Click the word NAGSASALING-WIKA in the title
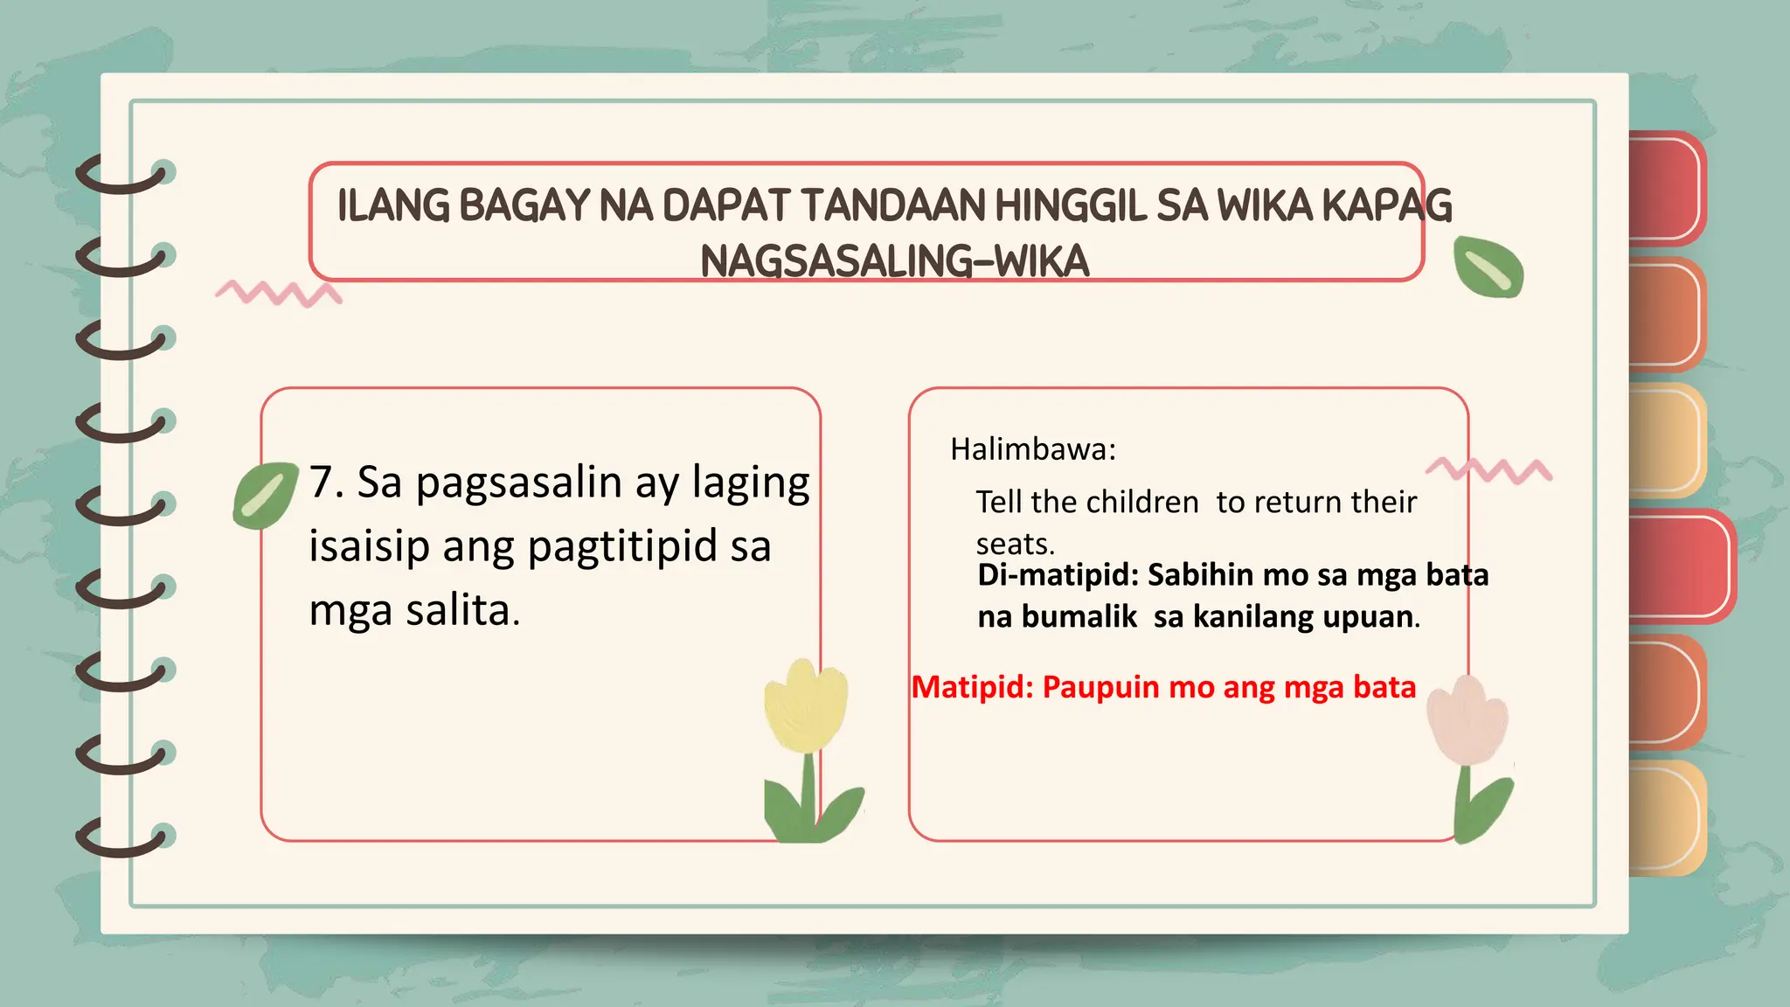coord(894,260)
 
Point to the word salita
coord(458,611)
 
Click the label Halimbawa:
coord(1033,449)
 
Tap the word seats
coord(1015,545)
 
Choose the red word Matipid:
coord(972,687)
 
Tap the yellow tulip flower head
coord(805,706)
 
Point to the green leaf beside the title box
coord(1488,267)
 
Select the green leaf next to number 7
coord(265,495)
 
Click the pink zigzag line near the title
coord(278,293)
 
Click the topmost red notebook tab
coord(1665,187)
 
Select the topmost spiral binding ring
coord(122,174)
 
